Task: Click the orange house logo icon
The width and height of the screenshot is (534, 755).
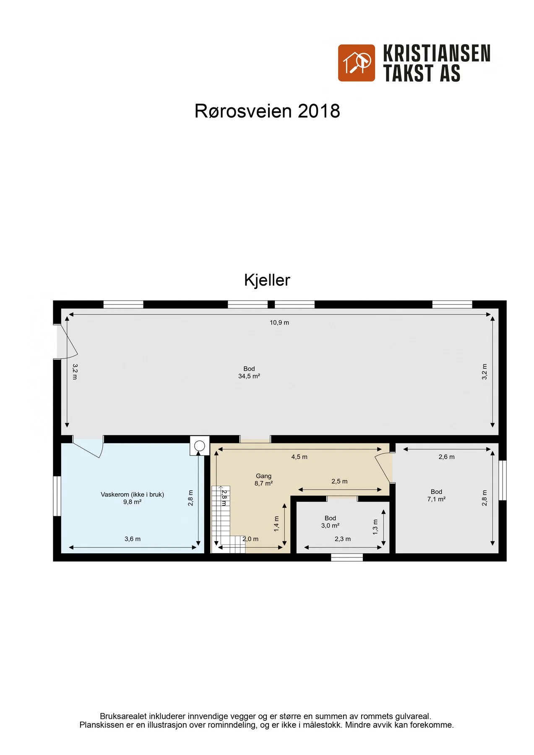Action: (x=357, y=63)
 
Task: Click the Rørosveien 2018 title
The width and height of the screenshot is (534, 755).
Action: (x=267, y=111)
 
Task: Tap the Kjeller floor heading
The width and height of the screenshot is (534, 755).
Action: (x=267, y=280)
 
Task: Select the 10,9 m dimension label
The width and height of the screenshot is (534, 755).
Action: (x=279, y=323)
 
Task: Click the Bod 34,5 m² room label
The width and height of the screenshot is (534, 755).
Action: (x=249, y=372)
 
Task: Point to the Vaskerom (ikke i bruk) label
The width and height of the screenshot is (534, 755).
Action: (x=132, y=495)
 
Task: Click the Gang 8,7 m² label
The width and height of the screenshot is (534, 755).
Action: (x=263, y=479)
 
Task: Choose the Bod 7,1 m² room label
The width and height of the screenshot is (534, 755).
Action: (x=436, y=495)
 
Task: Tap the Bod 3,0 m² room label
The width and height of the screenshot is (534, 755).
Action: (x=330, y=522)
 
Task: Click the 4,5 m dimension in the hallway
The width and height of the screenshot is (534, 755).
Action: (x=300, y=457)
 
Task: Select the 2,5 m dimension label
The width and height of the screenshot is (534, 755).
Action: (x=339, y=481)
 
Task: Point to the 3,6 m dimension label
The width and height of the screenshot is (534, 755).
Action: (x=133, y=539)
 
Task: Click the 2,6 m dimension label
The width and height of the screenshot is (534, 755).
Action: (x=447, y=457)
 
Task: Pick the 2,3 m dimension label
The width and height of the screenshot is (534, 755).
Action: (x=343, y=539)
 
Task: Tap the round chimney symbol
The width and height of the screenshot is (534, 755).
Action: (x=200, y=446)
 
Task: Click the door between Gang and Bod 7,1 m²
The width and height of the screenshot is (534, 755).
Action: (x=384, y=468)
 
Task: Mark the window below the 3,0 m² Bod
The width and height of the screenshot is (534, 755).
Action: (x=347, y=557)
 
